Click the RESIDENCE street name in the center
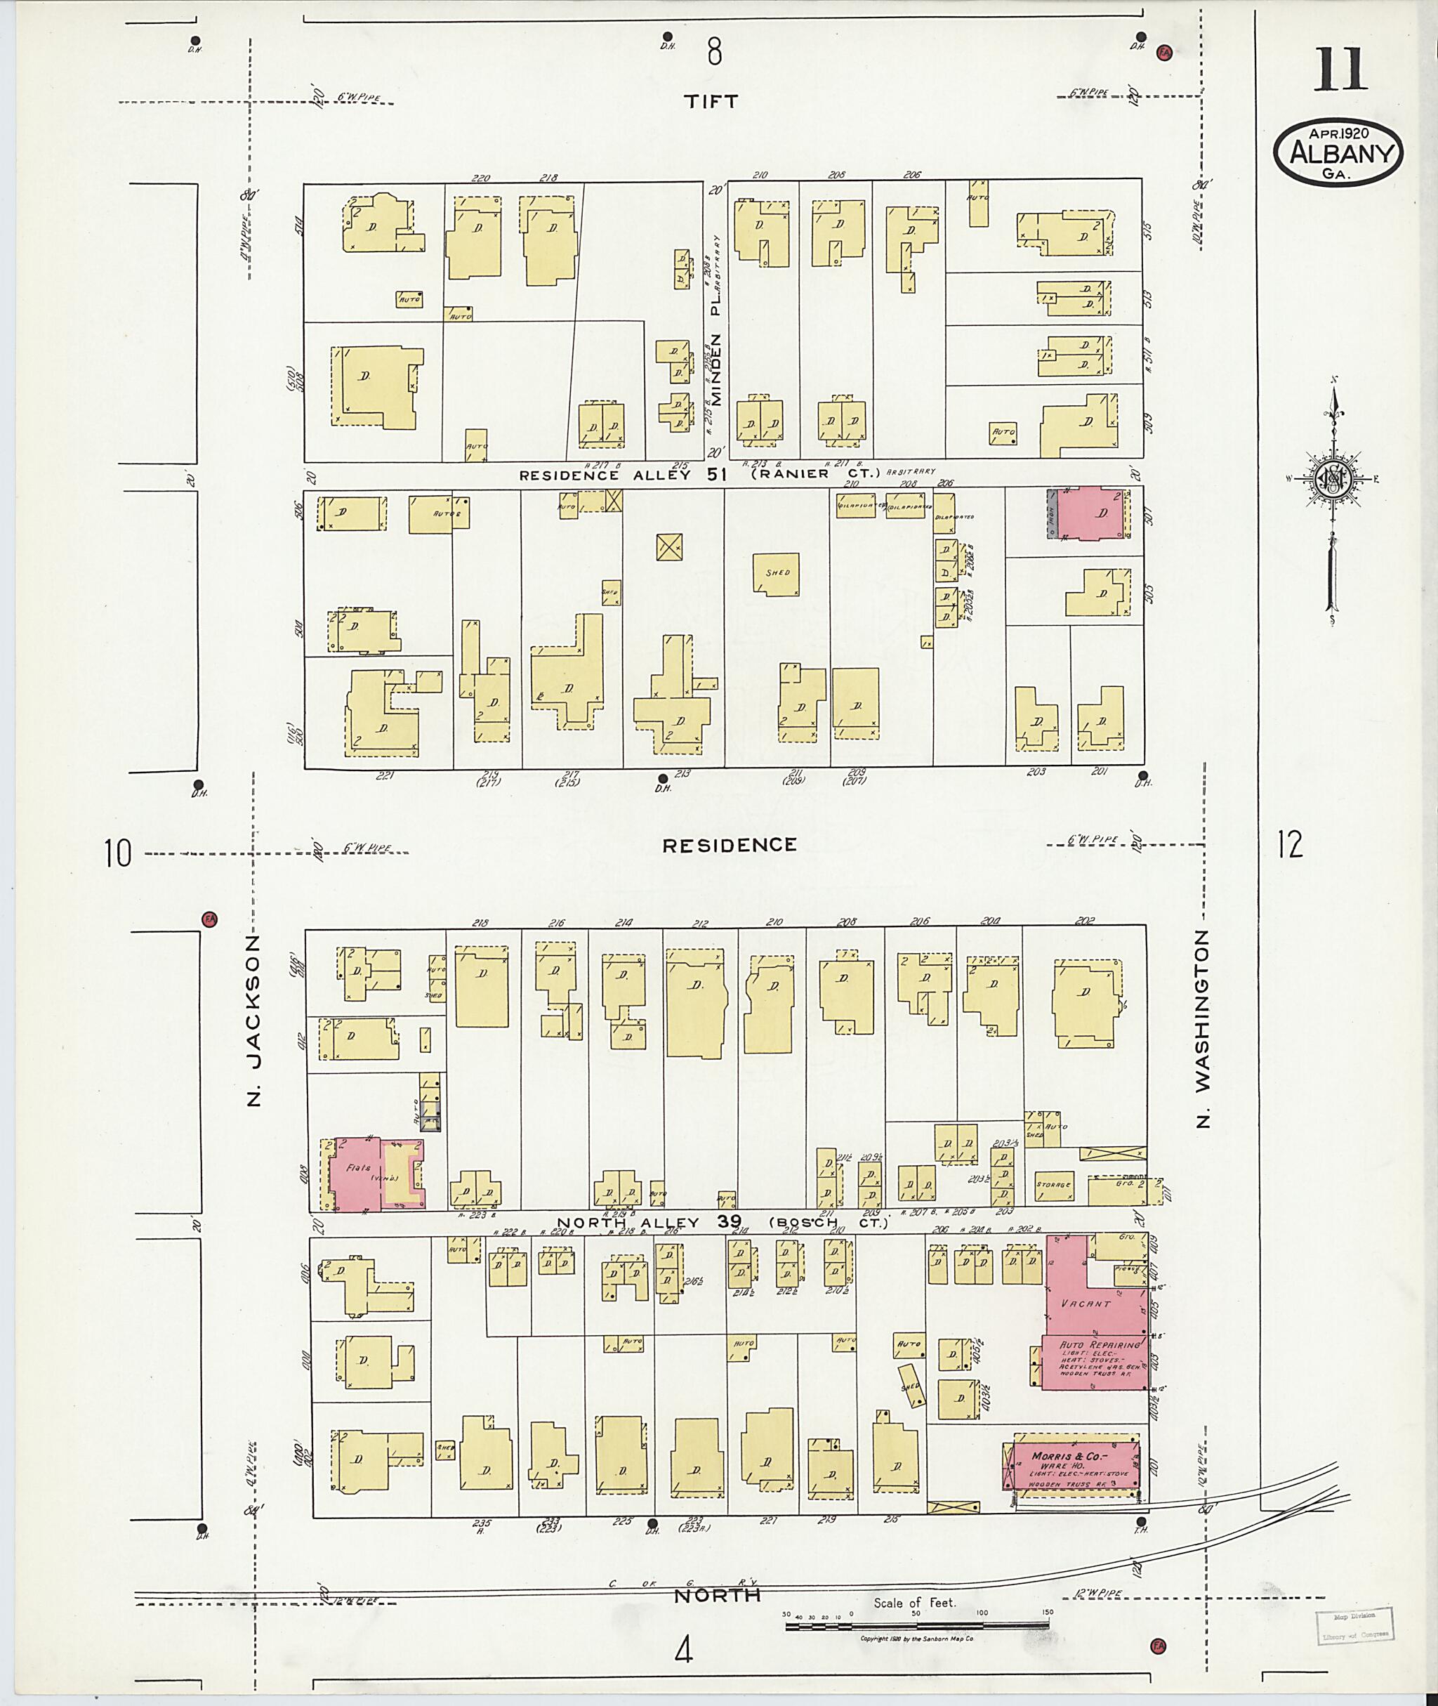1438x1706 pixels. point(729,845)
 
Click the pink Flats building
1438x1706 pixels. point(355,1174)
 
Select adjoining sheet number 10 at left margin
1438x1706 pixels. point(117,854)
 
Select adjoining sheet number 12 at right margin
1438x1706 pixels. point(1291,844)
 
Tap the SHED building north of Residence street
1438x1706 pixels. point(776,573)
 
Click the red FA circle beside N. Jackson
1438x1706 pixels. point(209,919)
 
